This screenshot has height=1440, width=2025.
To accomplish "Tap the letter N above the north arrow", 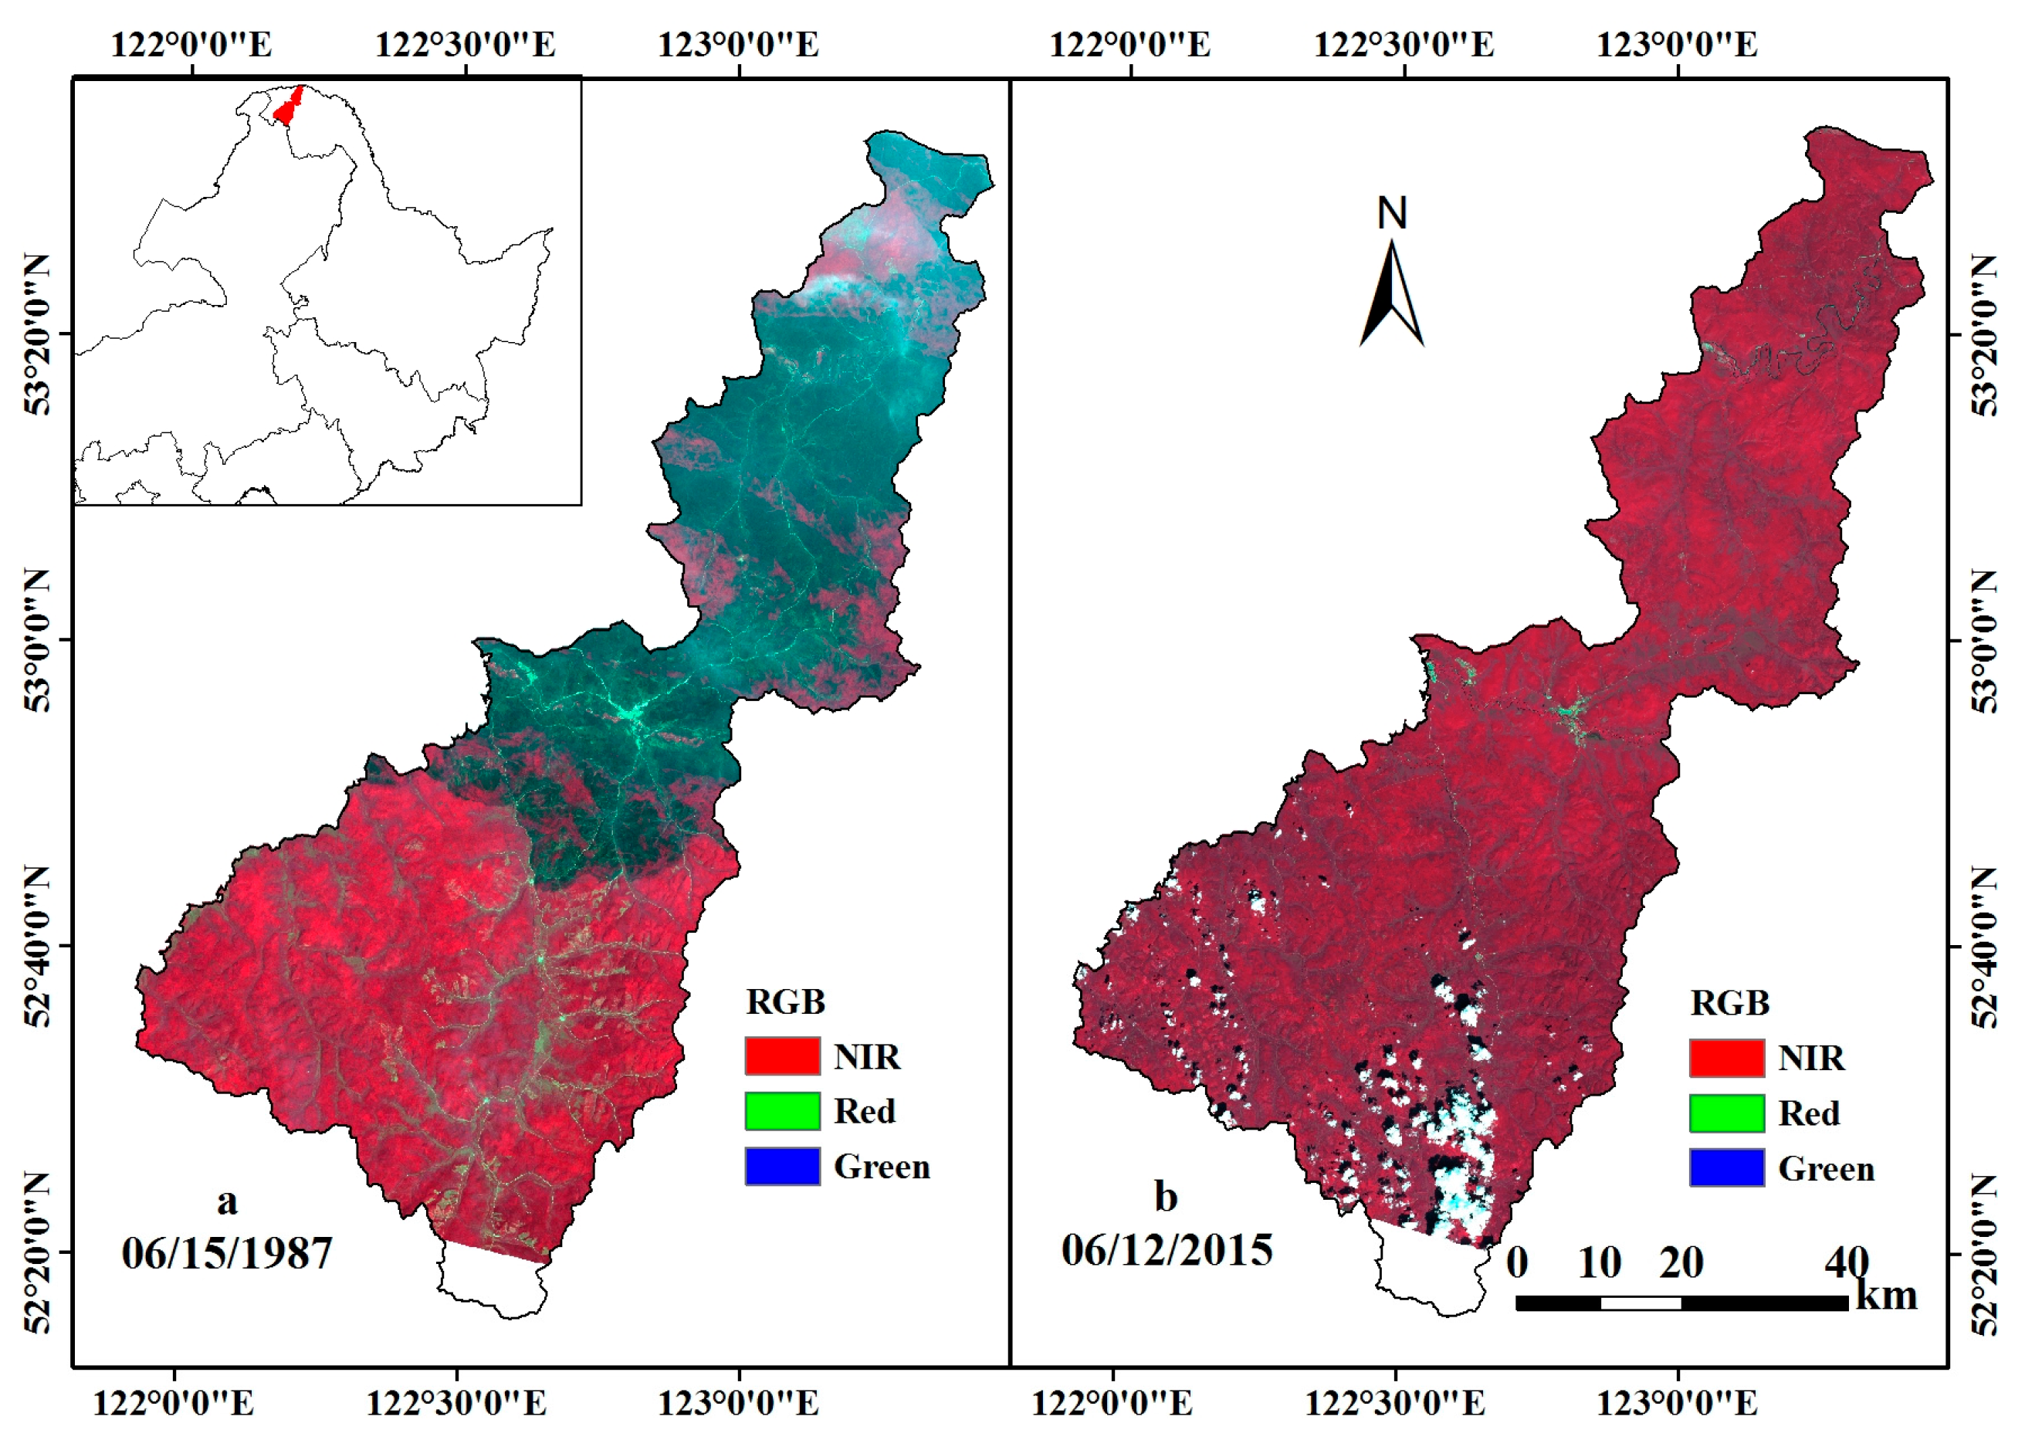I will tap(1391, 213).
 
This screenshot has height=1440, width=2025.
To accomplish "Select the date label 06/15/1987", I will tap(227, 1254).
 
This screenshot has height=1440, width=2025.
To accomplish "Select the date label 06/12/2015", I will tap(1167, 1250).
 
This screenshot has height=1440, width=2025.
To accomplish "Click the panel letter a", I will tap(227, 1201).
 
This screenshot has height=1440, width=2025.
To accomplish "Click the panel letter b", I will tap(1165, 1197).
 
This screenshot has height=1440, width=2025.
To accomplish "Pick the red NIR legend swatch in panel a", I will tap(782, 1056).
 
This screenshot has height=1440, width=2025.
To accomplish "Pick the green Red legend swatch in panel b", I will tap(1725, 1113).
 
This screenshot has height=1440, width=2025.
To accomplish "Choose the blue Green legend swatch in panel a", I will tap(782, 1166).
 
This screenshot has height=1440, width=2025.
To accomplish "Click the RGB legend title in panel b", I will tap(1729, 1003).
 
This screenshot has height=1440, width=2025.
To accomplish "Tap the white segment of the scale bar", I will tap(1641, 1303).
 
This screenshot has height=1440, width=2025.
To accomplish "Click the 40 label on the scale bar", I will tap(1846, 1262).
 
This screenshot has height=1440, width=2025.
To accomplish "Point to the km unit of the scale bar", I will tap(1886, 1296).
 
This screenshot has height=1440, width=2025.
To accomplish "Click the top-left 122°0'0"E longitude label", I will tap(191, 44).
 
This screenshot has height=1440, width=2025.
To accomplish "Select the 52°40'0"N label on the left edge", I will tap(37, 946).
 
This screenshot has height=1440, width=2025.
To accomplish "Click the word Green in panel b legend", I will tap(1826, 1169).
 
